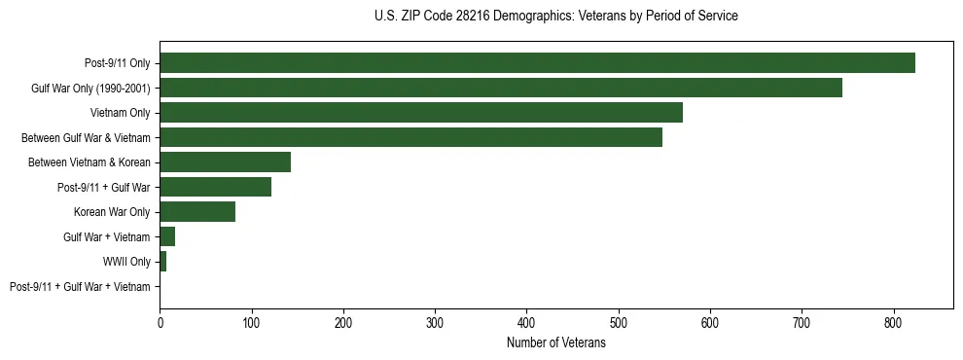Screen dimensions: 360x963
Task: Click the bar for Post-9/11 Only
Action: (537, 63)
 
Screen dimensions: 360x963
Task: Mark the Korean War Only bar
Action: (197, 212)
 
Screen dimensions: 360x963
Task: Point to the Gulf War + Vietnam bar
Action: (167, 236)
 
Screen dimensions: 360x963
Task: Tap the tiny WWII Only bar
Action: (163, 262)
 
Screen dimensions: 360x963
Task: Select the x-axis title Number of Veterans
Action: (555, 343)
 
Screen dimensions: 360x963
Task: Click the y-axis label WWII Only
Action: (126, 262)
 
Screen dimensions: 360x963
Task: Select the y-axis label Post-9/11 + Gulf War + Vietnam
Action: (80, 287)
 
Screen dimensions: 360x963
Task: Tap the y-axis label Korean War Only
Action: (112, 212)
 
